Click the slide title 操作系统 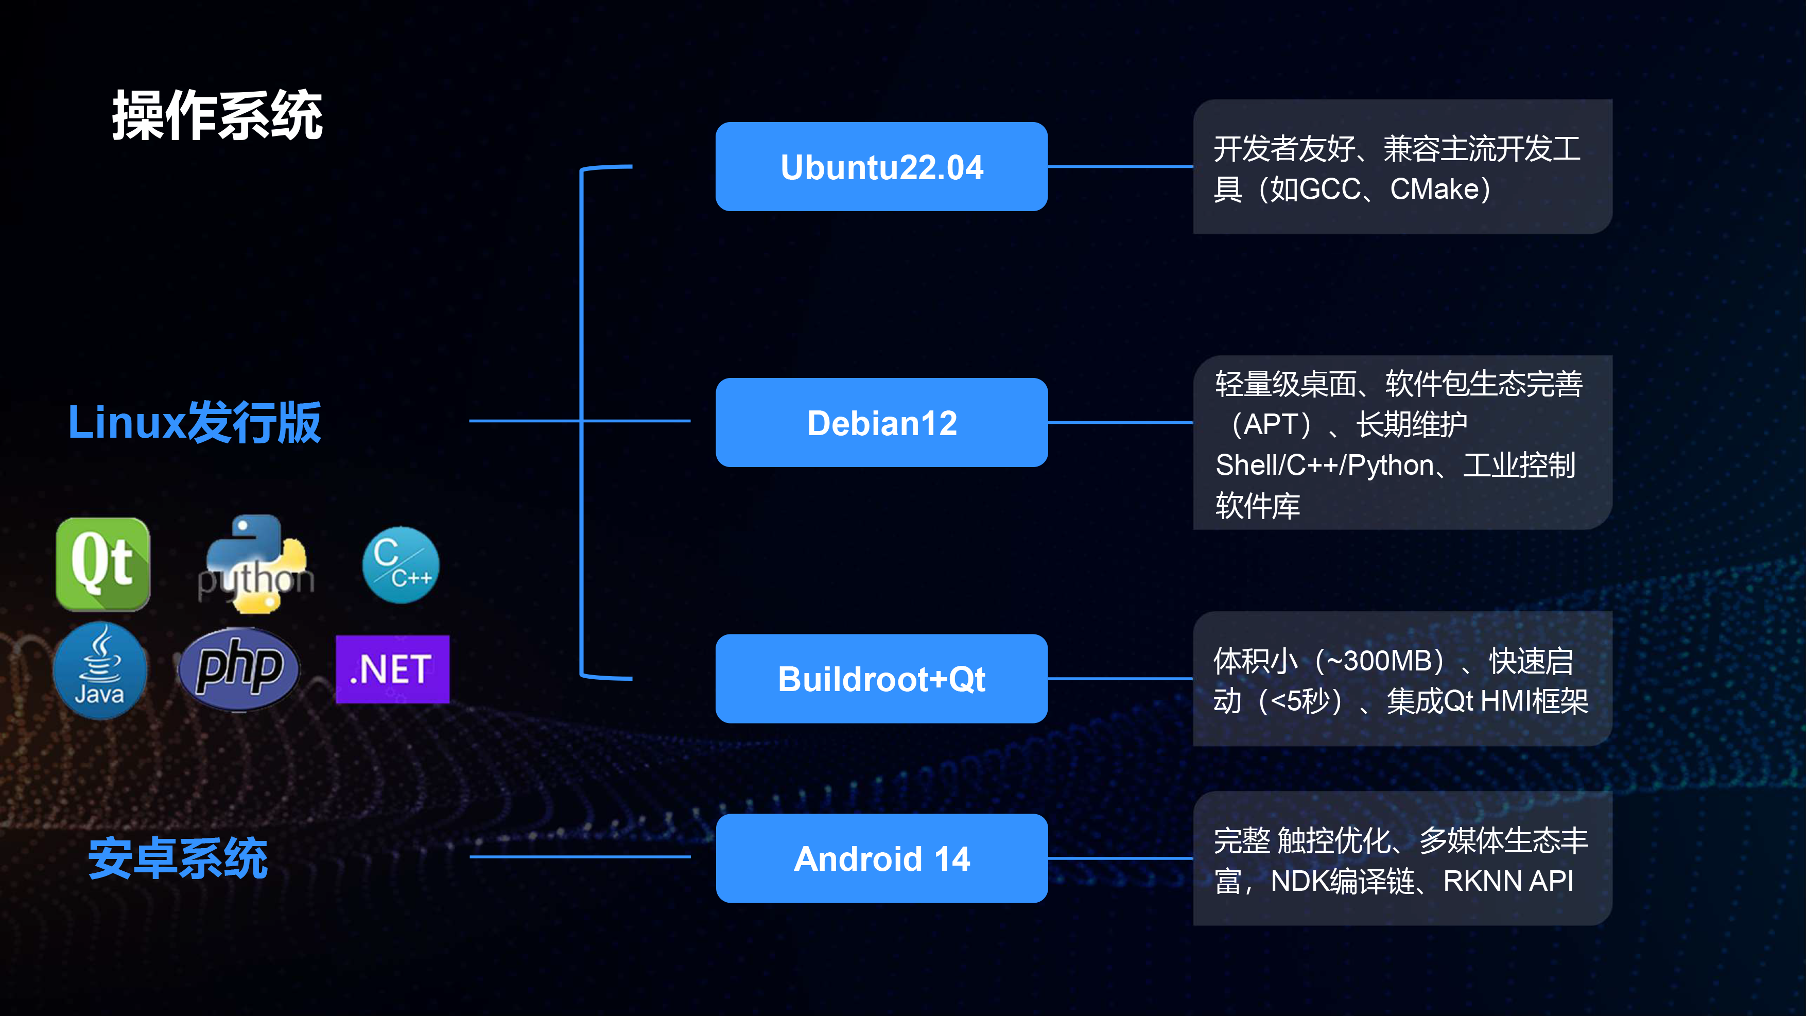217,116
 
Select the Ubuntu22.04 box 881,167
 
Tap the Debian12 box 881,423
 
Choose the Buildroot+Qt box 881,679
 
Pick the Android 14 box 881,858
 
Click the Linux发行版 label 194,422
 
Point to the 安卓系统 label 178,858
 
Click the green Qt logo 103,564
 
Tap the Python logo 256,565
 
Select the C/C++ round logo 401,565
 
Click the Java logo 99,669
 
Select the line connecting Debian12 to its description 1120,423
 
